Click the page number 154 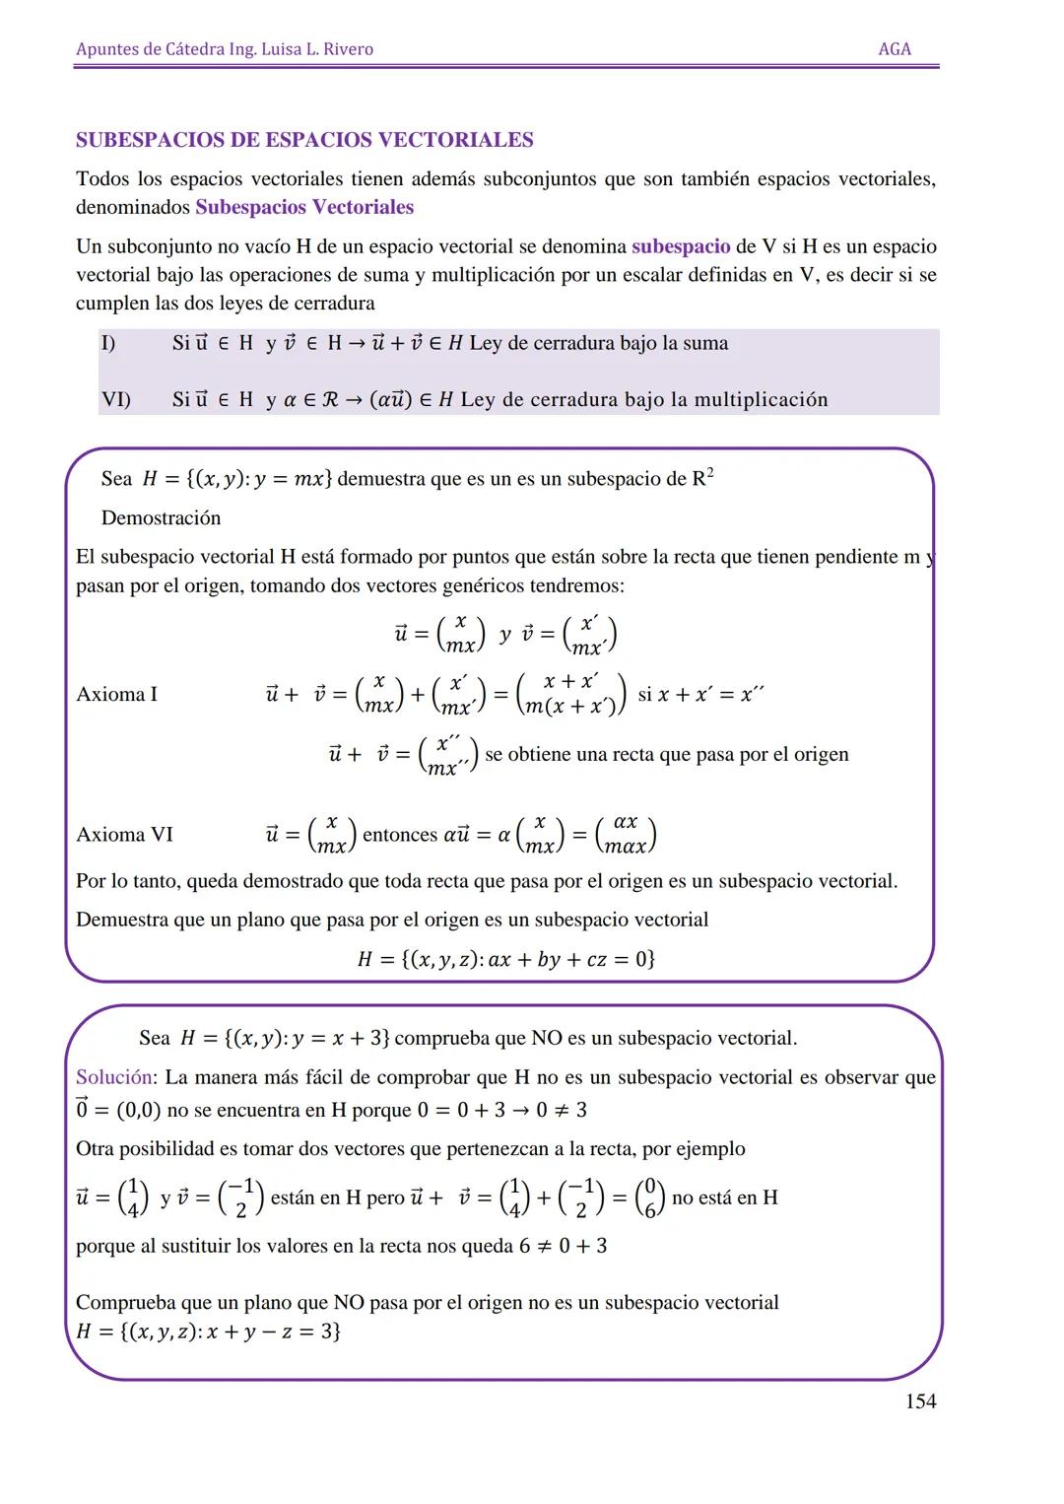click(920, 1401)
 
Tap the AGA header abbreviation click(895, 49)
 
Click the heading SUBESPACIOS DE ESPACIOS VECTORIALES click(304, 140)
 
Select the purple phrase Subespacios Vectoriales click(304, 207)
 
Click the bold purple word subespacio click(681, 246)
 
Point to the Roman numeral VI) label click(116, 399)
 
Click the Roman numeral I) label click(108, 343)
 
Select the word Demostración click(161, 517)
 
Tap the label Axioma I click(116, 694)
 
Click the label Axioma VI click(124, 834)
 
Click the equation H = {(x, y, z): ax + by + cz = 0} click(506, 959)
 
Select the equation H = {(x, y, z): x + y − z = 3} click(209, 1332)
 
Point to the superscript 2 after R click(710, 473)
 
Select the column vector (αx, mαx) click(626, 834)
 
